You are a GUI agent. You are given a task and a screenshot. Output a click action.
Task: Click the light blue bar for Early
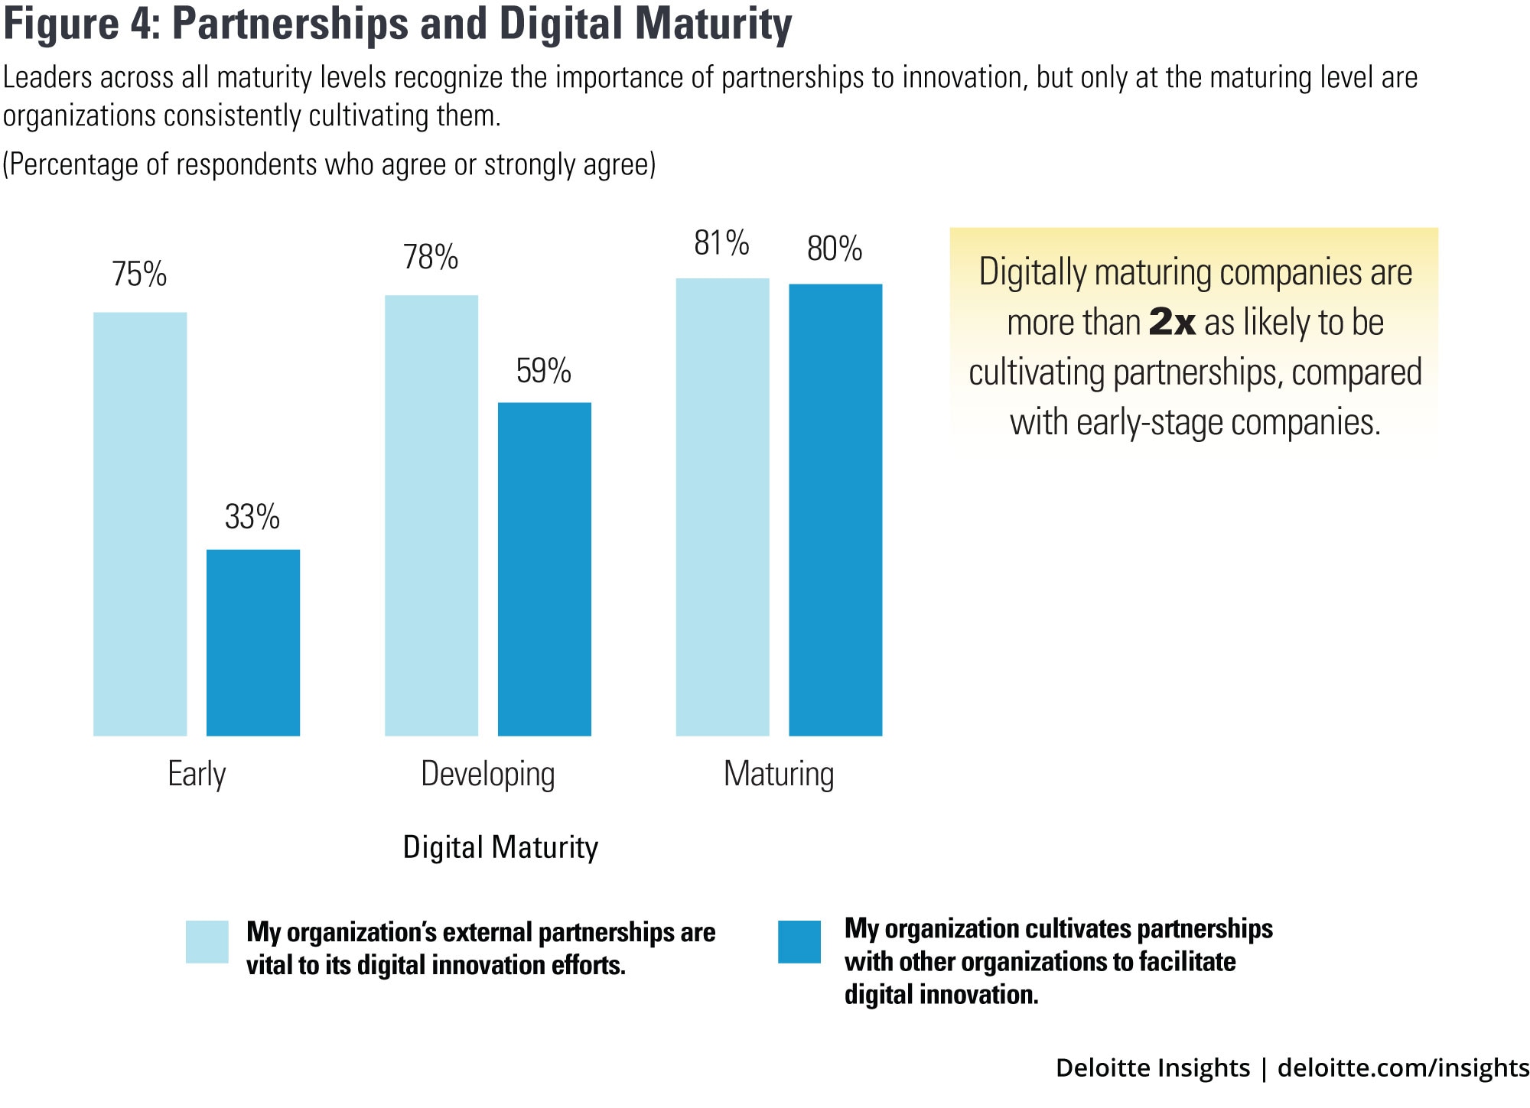click(140, 524)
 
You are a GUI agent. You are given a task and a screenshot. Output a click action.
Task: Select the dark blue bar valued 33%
click(253, 642)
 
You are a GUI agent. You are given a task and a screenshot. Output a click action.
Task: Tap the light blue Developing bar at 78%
click(431, 515)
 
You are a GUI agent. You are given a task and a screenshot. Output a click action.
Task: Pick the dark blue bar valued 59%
click(545, 569)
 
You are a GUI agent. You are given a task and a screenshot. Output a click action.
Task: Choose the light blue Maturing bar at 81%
click(723, 507)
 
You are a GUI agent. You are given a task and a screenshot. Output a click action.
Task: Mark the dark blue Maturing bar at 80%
click(835, 510)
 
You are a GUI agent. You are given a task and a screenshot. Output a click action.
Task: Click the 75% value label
click(139, 275)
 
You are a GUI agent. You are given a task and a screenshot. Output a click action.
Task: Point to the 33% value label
click(252, 517)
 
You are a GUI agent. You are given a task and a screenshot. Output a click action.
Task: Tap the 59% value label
click(544, 371)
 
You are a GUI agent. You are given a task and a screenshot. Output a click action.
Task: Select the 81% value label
click(721, 243)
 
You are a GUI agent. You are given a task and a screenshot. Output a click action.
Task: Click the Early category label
click(197, 774)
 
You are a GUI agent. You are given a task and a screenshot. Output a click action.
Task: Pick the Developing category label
click(488, 774)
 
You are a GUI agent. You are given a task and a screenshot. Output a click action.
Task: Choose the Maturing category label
click(779, 774)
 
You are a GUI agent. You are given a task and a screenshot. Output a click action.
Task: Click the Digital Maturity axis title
click(500, 847)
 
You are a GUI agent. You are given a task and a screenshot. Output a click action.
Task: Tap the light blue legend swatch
click(207, 941)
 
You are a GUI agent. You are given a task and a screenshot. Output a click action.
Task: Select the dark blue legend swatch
click(799, 941)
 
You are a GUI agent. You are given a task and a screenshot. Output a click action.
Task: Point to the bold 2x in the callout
click(1172, 322)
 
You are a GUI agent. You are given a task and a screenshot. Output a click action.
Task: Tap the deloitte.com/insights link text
click(1403, 1067)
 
